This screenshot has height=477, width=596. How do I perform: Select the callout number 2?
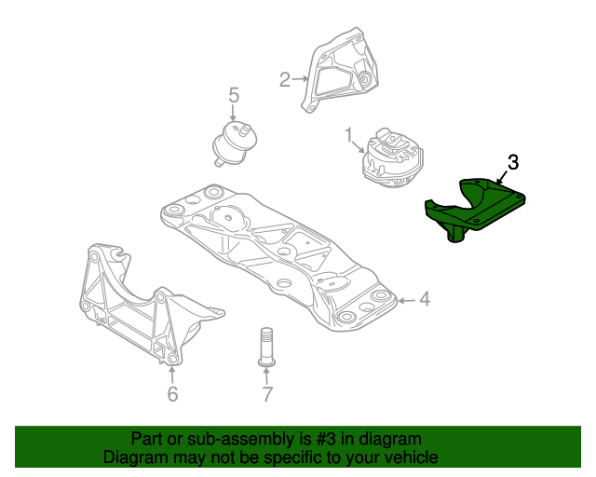[285, 79]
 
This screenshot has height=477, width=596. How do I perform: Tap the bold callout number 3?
[513, 162]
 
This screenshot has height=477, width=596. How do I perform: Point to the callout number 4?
[425, 299]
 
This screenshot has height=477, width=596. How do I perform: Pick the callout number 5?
[234, 94]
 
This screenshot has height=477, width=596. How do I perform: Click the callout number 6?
[172, 394]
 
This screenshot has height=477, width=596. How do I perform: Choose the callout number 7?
[267, 394]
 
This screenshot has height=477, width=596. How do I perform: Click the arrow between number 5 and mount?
[234, 112]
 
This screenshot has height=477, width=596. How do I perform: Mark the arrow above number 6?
[172, 375]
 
